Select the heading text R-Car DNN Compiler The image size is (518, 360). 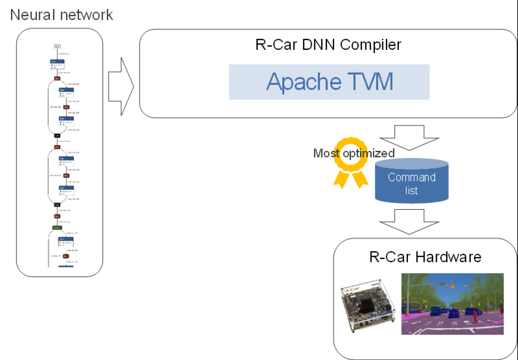click(x=328, y=45)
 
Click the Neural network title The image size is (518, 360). click(x=61, y=15)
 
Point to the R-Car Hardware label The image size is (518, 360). click(x=425, y=257)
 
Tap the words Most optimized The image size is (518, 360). click(x=354, y=153)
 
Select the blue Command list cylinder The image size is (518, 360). click(x=411, y=181)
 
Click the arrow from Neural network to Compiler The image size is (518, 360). click(x=121, y=86)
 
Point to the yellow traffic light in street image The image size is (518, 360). click(x=453, y=285)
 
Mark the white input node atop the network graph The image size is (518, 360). click(x=57, y=47)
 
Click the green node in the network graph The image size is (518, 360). click(x=57, y=227)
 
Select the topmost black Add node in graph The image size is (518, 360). click(x=57, y=135)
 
